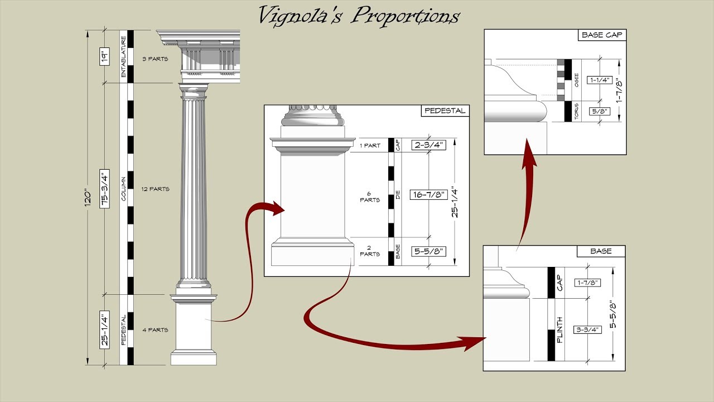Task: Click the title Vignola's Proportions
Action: click(358, 16)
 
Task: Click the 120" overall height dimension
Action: click(87, 198)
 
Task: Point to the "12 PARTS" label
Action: click(156, 189)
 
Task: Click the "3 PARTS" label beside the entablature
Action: click(156, 59)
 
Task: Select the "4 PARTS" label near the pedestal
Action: click(156, 330)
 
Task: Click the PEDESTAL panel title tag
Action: click(445, 111)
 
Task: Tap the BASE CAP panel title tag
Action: click(602, 35)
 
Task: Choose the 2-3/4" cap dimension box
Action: click(428, 145)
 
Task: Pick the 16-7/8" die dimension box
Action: click(428, 195)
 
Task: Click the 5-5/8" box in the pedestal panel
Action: click(428, 251)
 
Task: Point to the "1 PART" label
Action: click(370, 146)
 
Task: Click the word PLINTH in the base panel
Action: click(559, 330)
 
